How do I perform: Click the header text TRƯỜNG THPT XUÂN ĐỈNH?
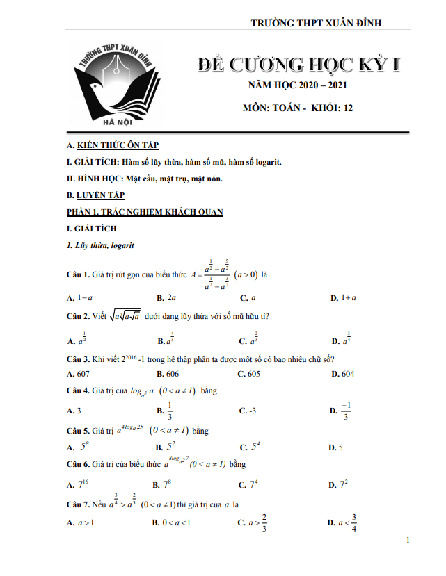pos(316,24)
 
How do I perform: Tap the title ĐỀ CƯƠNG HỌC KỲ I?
pos(299,66)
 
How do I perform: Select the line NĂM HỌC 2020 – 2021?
pos(297,86)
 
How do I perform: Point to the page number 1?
pos(408,540)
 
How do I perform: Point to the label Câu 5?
pos(78,431)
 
